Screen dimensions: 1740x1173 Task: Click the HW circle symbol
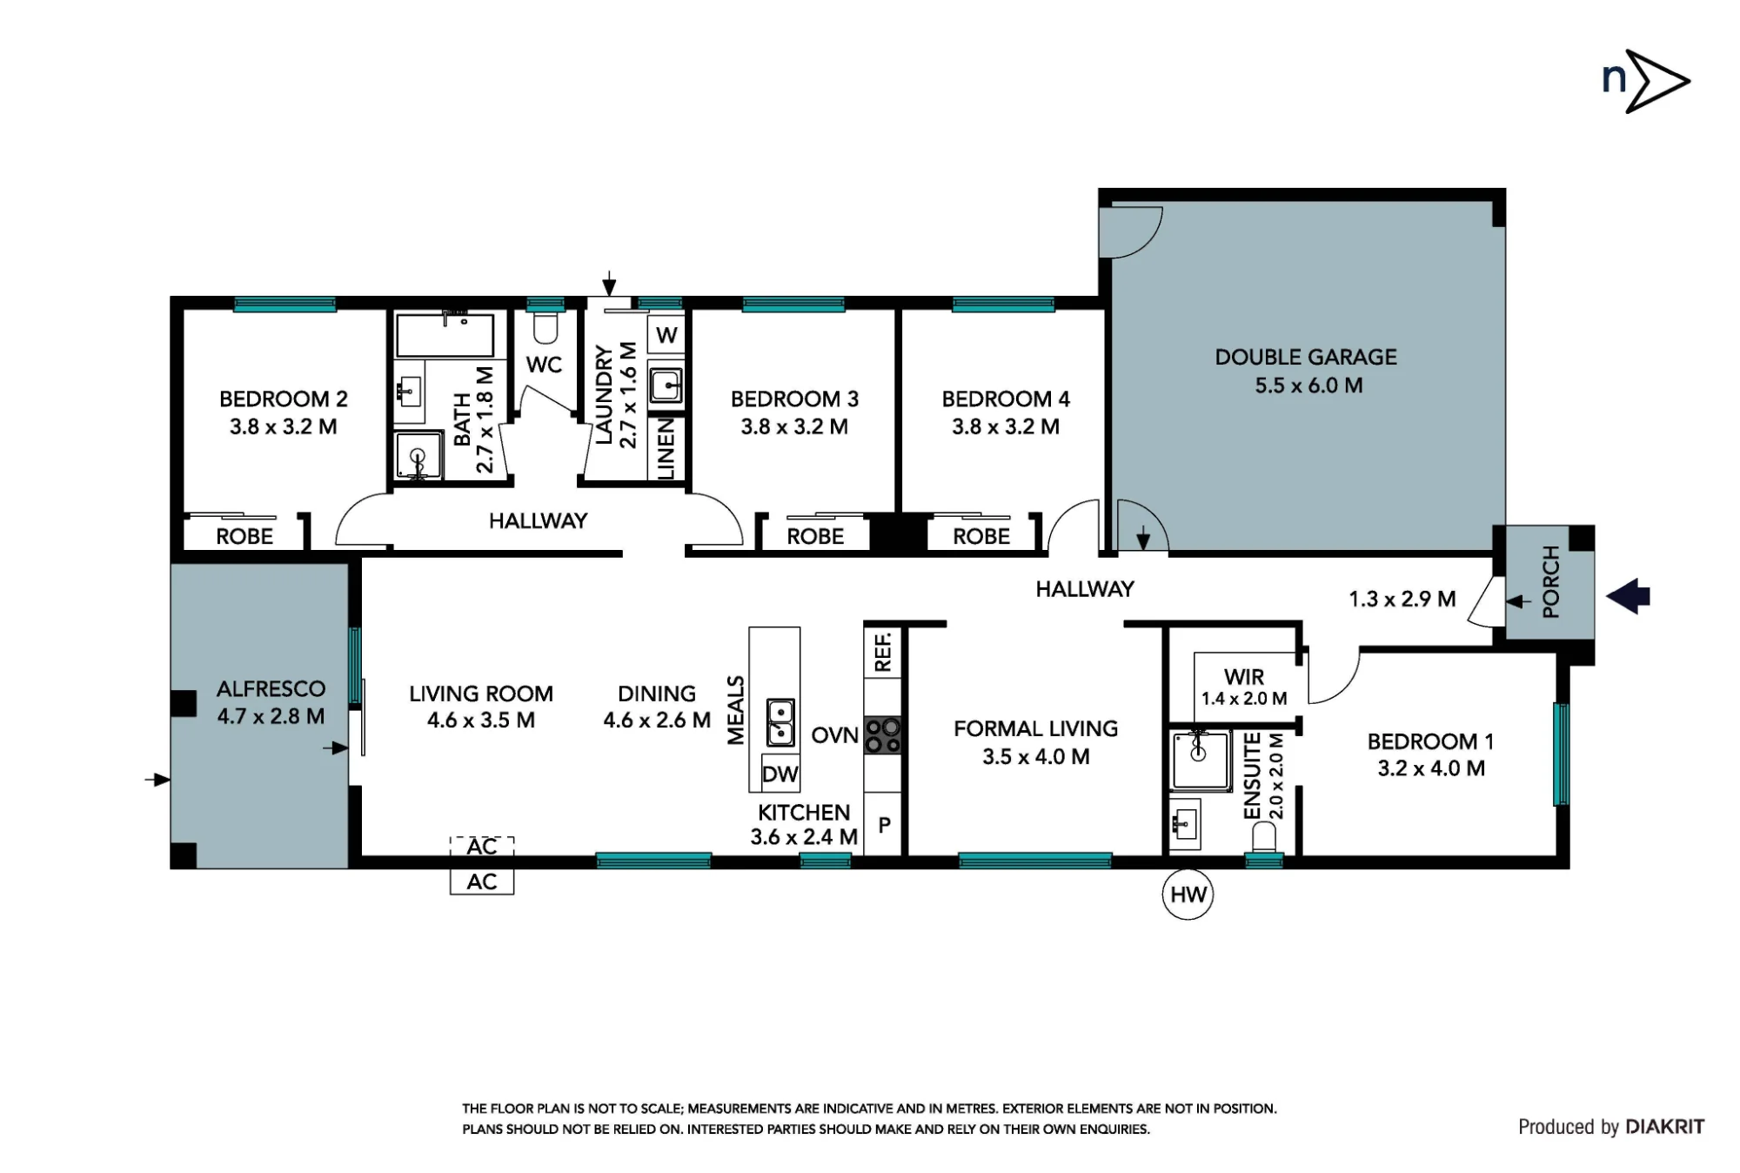click(1188, 895)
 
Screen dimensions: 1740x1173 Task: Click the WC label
click(544, 365)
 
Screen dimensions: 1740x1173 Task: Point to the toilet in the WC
click(545, 327)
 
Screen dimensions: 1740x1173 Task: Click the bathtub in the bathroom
click(445, 335)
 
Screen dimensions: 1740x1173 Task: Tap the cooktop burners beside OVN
click(883, 735)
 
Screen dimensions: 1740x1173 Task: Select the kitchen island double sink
click(780, 722)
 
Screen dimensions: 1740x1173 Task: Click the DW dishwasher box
click(780, 774)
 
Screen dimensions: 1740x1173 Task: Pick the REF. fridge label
click(883, 652)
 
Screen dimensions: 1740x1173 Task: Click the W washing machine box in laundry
click(666, 336)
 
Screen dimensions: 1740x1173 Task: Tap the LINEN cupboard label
click(666, 448)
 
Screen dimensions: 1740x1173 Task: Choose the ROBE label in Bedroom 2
click(244, 536)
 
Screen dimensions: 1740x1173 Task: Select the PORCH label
click(1550, 582)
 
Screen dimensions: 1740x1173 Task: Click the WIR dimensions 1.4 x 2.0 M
click(1244, 699)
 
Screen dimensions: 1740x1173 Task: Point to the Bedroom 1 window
click(1562, 754)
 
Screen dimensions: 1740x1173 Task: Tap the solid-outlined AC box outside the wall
click(482, 881)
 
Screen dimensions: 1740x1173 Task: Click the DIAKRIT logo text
click(1665, 1127)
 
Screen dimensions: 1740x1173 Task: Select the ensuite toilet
click(1263, 838)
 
